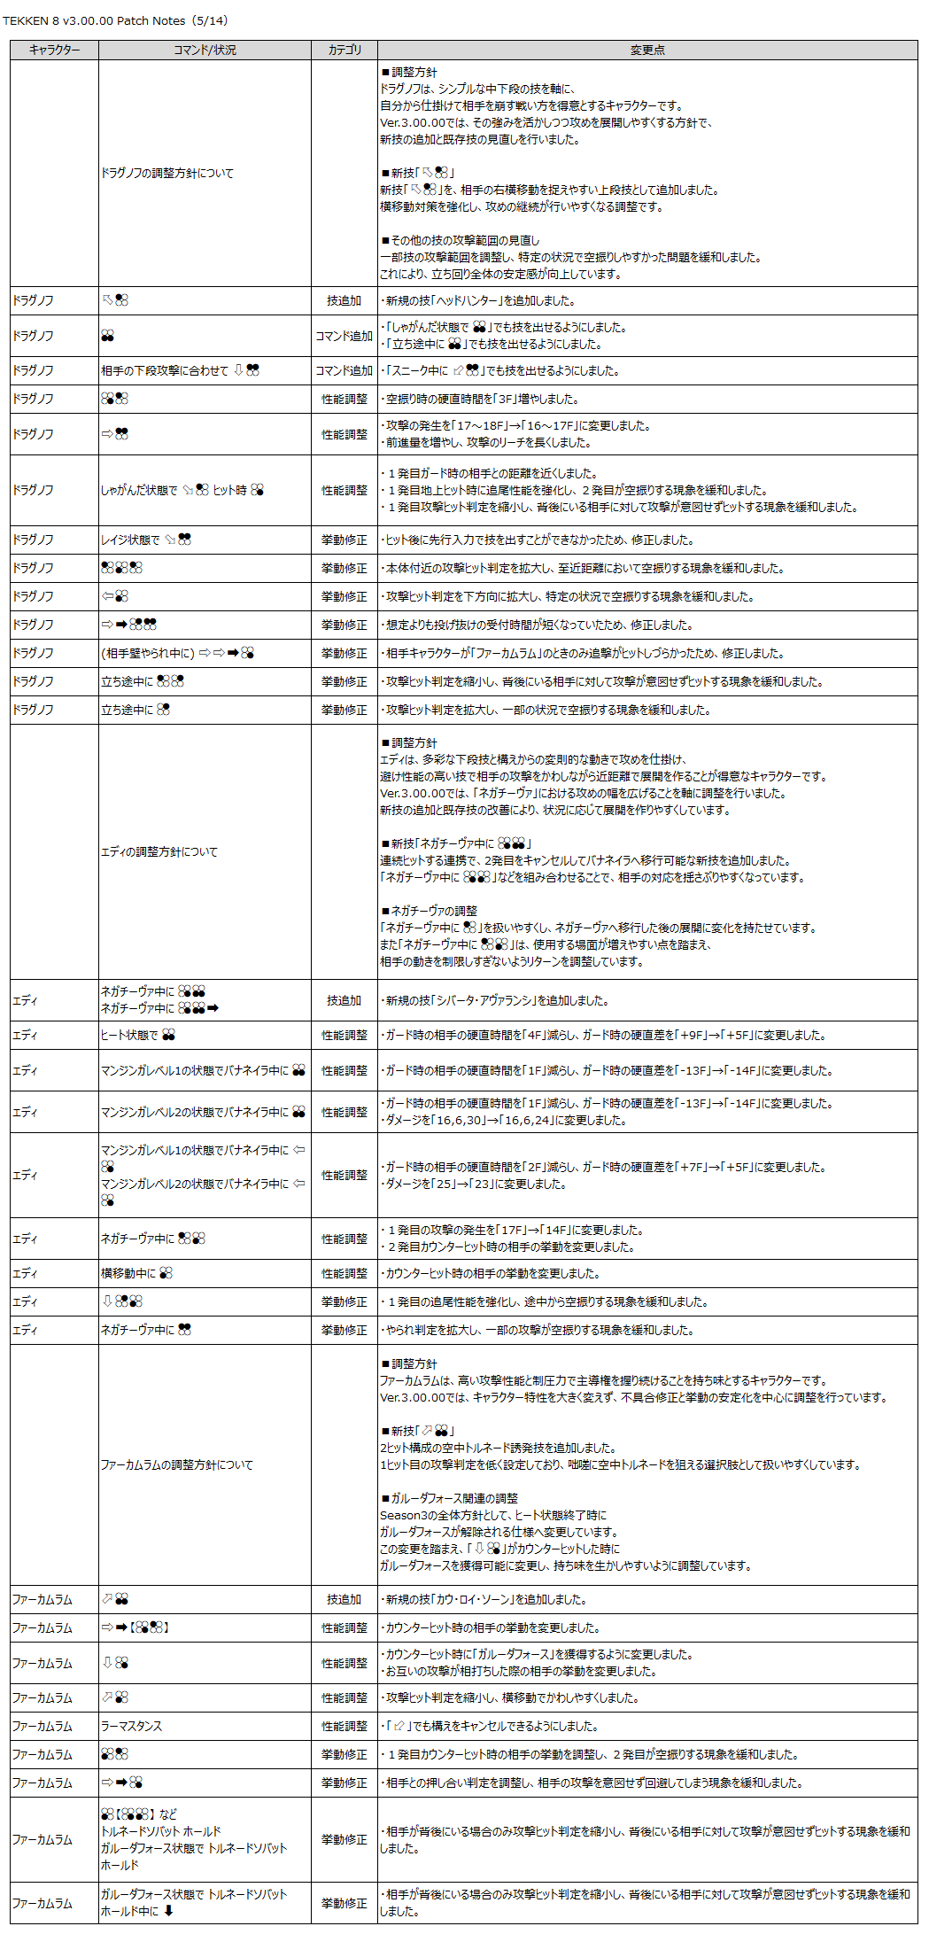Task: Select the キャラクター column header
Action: tap(54, 50)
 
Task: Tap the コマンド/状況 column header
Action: tap(205, 50)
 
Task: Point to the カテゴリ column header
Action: tap(345, 50)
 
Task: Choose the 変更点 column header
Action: tap(647, 50)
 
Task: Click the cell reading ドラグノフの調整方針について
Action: tap(167, 174)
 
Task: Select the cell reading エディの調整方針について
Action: tap(159, 851)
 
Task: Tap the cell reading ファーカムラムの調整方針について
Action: tap(177, 1464)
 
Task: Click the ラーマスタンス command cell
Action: tap(132, 1726)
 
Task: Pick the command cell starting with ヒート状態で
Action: tap(138, 1035)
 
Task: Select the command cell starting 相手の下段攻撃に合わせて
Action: tap(180, 370)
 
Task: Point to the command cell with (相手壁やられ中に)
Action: tap(177, 653)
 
